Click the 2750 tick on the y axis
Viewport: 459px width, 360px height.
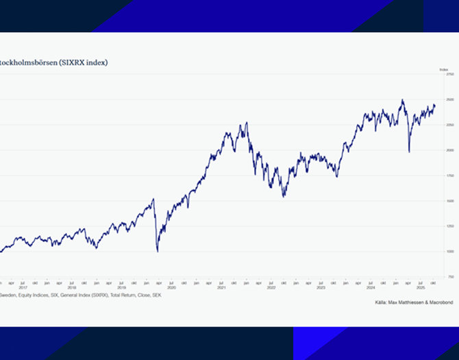tap(450, 74)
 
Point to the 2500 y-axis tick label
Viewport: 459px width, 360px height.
tap(450, 99)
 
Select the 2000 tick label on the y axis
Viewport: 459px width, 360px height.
tap(450, 150)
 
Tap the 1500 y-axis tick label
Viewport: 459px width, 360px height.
tap(450, 201)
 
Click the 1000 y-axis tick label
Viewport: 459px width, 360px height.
tap(450, 252)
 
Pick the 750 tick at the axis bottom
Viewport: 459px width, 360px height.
tap(450, 277)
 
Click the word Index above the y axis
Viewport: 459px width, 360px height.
tap(443, 69)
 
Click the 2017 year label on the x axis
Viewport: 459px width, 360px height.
tap(23, 287)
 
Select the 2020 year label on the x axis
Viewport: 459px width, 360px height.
tap(172, 287)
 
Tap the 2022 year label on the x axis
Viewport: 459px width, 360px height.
tap(271, 287)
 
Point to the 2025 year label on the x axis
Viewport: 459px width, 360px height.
tap(420, 287)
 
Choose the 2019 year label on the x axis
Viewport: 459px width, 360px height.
tap(122, 287)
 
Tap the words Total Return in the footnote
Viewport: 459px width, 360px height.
tap(126, 294)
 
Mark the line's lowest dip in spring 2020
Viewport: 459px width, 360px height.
tap(158, 252)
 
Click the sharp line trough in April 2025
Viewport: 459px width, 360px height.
tap(409, 152)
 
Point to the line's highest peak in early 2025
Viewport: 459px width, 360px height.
tap(402, 100)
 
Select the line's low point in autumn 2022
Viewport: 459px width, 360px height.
tap(284, 197)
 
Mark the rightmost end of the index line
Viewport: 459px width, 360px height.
tap(435, 106)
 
